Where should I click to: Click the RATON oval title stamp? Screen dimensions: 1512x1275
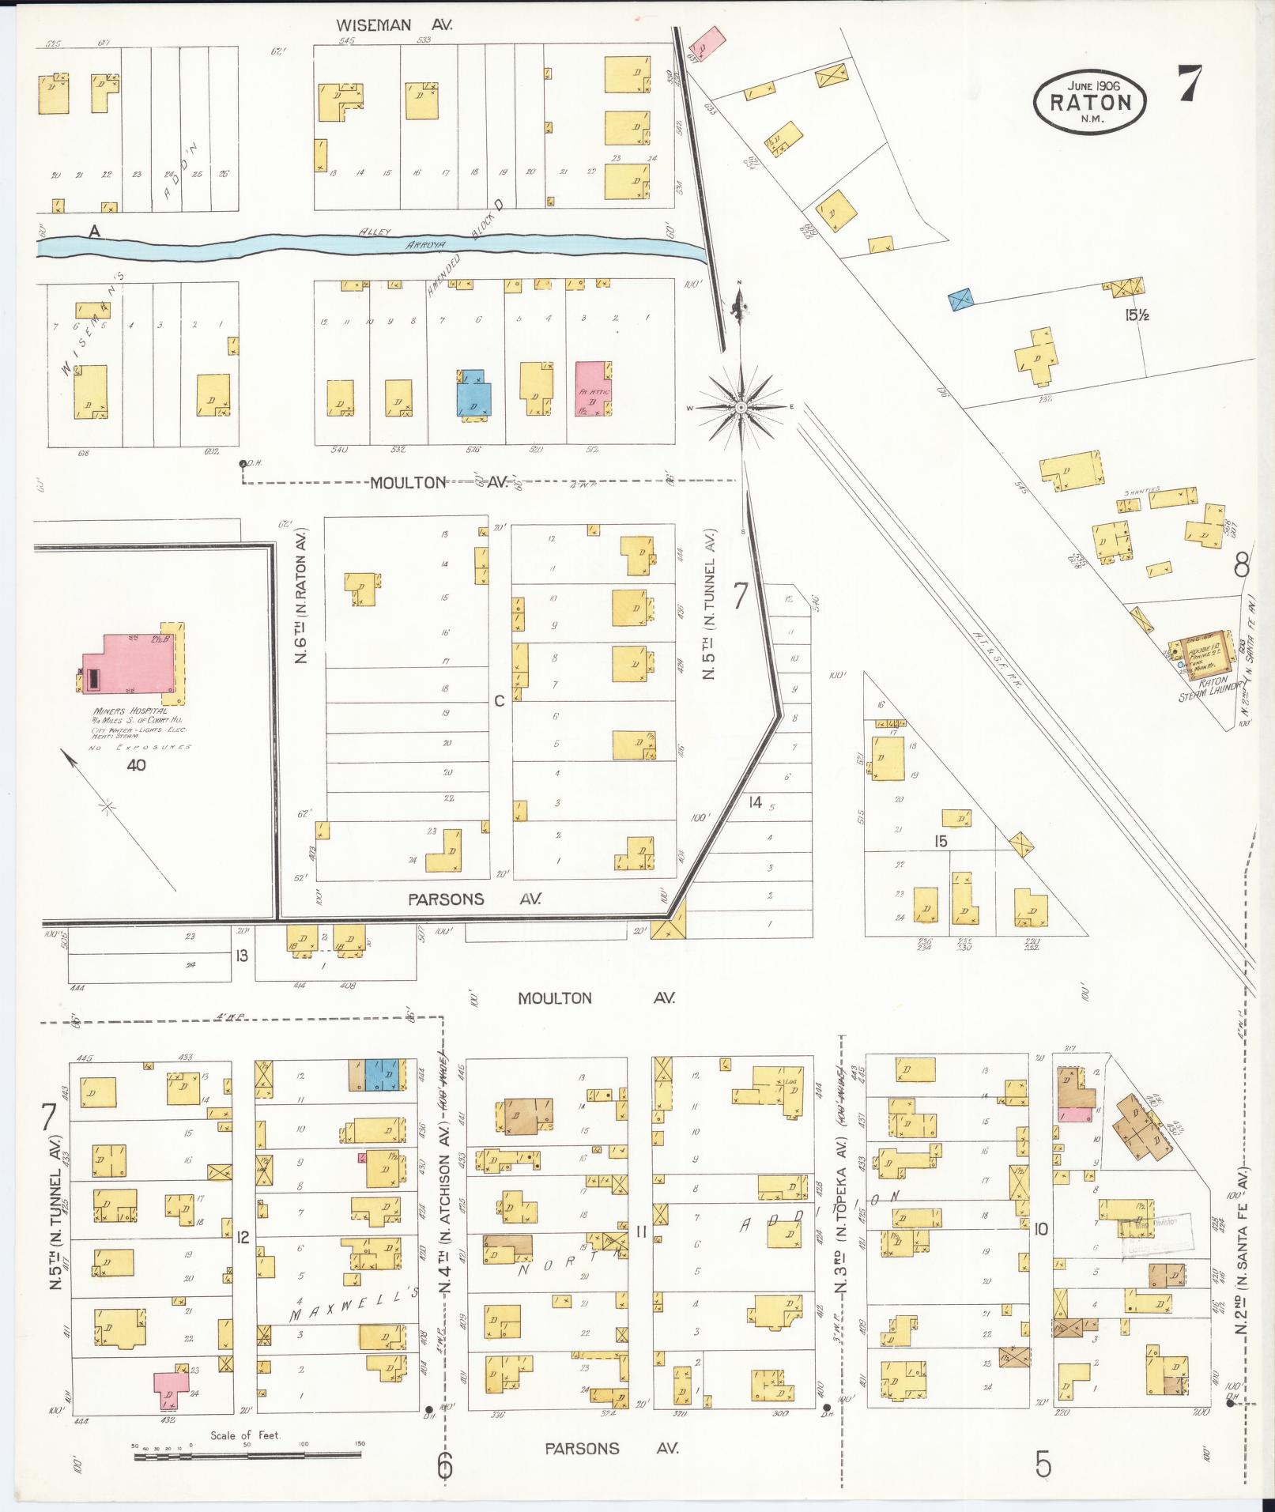pyautogui.click(x=1089, y=100)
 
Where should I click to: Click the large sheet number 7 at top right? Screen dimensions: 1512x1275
pyautogui.click(x=1189, y=84)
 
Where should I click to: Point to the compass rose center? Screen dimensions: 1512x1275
pyautogui.click(x=741, y=407)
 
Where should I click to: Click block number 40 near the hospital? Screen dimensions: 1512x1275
pyautogui.click(x=136, y=764)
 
